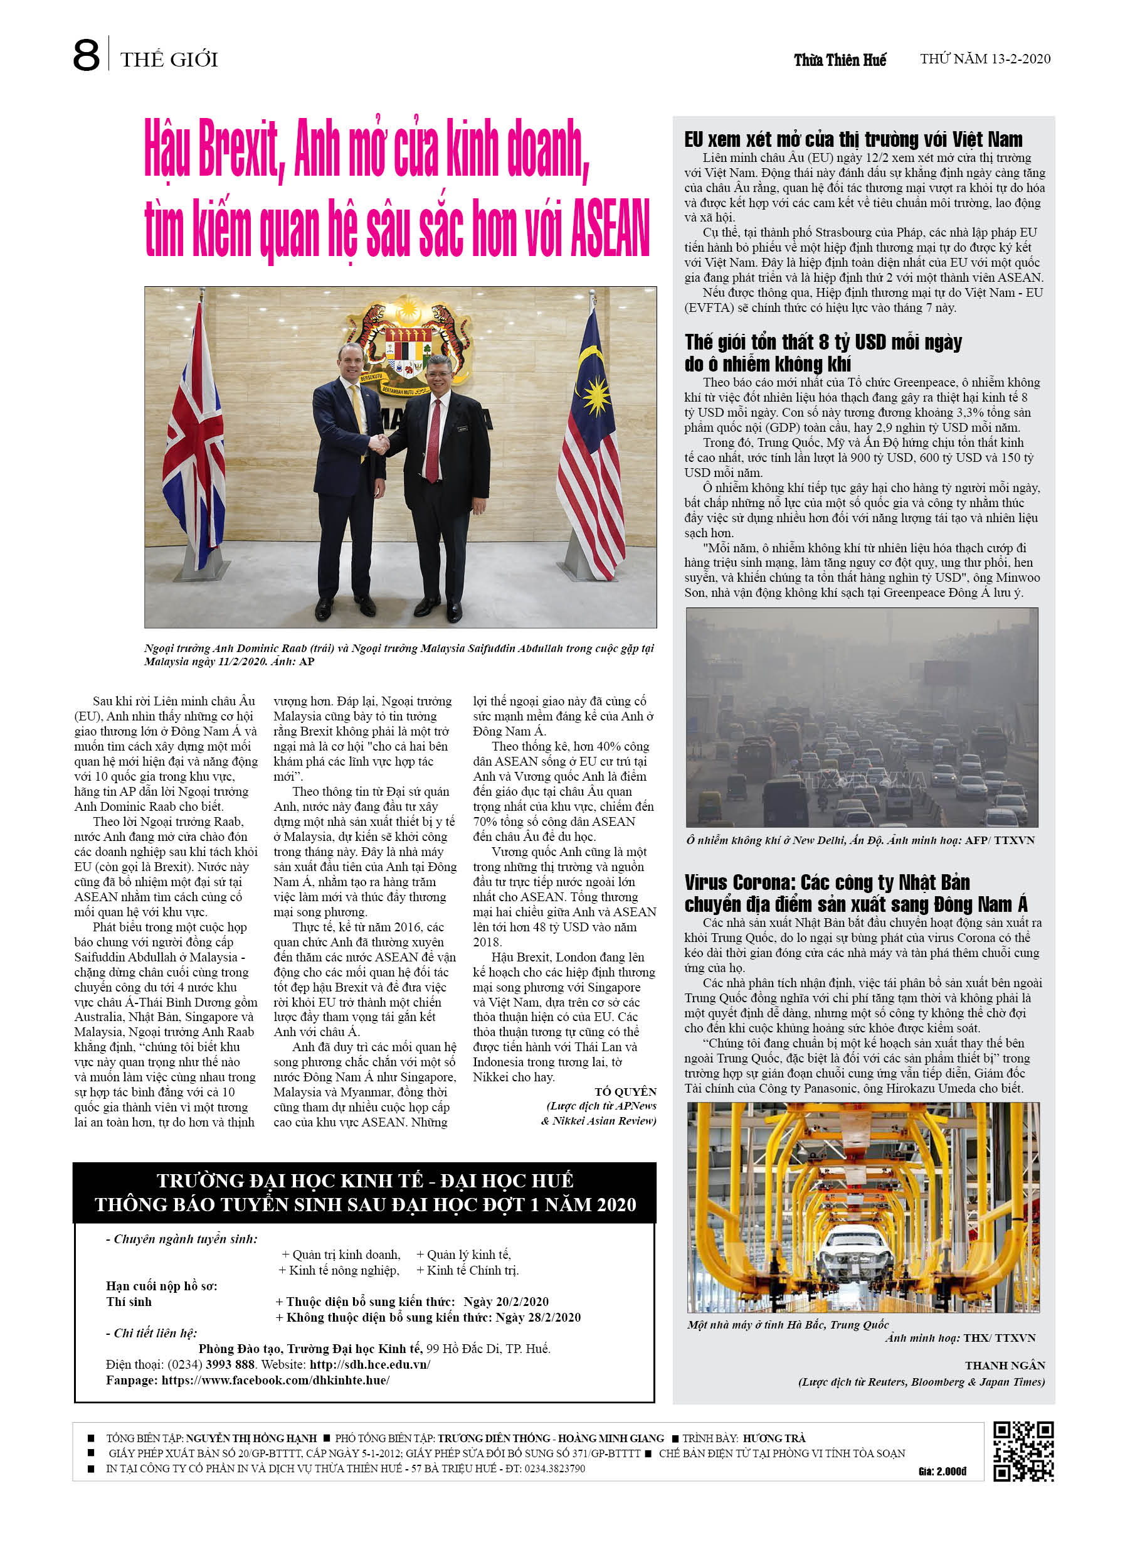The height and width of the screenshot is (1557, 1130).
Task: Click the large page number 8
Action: click(86, 56)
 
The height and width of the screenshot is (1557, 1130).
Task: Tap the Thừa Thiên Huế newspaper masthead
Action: click(839, 60)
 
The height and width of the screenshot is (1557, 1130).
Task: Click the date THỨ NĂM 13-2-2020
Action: click(985, 59)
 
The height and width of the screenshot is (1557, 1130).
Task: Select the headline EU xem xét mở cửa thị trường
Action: click(853, 139)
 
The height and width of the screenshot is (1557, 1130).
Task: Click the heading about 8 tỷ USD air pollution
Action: click(823, 352)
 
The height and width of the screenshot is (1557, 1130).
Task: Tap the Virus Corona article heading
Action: click(855, 892)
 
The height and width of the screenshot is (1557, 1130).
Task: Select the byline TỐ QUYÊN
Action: click(625, 1091)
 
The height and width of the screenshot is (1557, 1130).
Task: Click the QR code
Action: click(1023, 1452)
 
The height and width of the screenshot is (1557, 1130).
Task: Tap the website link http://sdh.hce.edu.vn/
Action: click(370, 1364)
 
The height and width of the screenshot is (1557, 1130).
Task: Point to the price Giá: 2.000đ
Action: click(942, 1471)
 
